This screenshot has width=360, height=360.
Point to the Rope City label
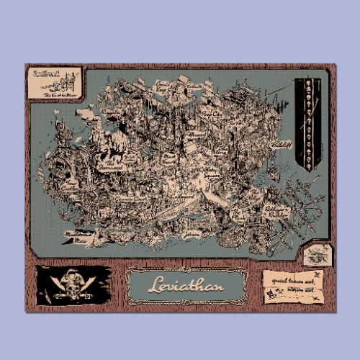tap(210, 113)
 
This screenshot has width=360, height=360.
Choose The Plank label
tap(238, 213)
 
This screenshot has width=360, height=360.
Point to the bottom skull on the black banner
tap(309, 165)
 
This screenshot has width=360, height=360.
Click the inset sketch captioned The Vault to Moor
tap(55, 84)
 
